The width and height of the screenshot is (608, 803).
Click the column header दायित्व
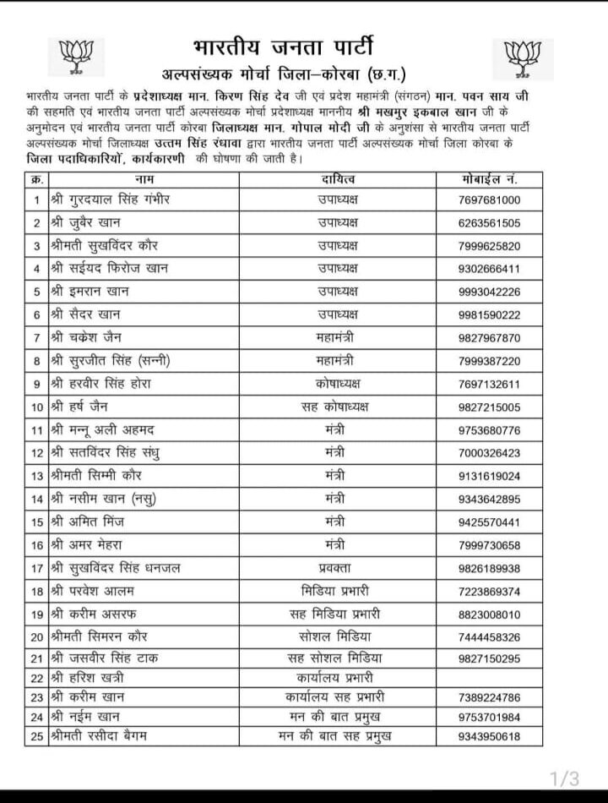[x=338, y=179]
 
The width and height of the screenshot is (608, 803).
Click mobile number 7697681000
[x=490, y=200]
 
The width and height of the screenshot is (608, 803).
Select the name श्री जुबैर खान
[x=89, y=223]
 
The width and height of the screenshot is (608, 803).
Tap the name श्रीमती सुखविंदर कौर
[x=103, y=246]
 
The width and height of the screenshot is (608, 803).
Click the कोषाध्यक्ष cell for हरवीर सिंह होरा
[x=338, y=383]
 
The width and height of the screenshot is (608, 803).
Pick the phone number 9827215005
[x=490, y=407]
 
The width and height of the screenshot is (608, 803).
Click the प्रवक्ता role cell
[x=338, y=567]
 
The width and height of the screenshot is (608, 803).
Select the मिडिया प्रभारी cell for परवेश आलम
[x=338, y=590]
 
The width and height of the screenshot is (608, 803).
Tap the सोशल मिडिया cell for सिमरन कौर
[x=338, y=636]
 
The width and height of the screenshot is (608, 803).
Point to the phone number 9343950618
[x=490, y=736]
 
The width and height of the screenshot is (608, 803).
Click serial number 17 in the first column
[x=37, y=567]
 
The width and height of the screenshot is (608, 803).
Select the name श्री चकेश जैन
[x=89, y=337]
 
